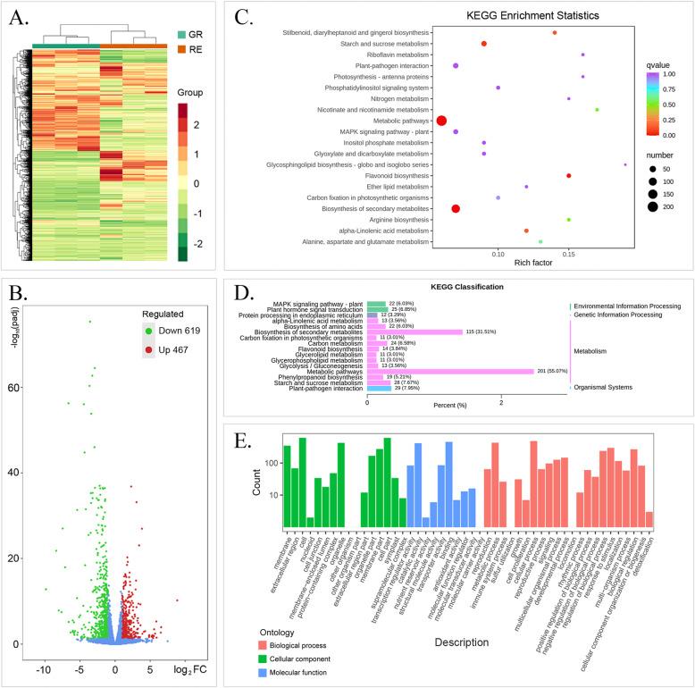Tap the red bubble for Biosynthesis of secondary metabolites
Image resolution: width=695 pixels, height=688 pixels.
(456, 208)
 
